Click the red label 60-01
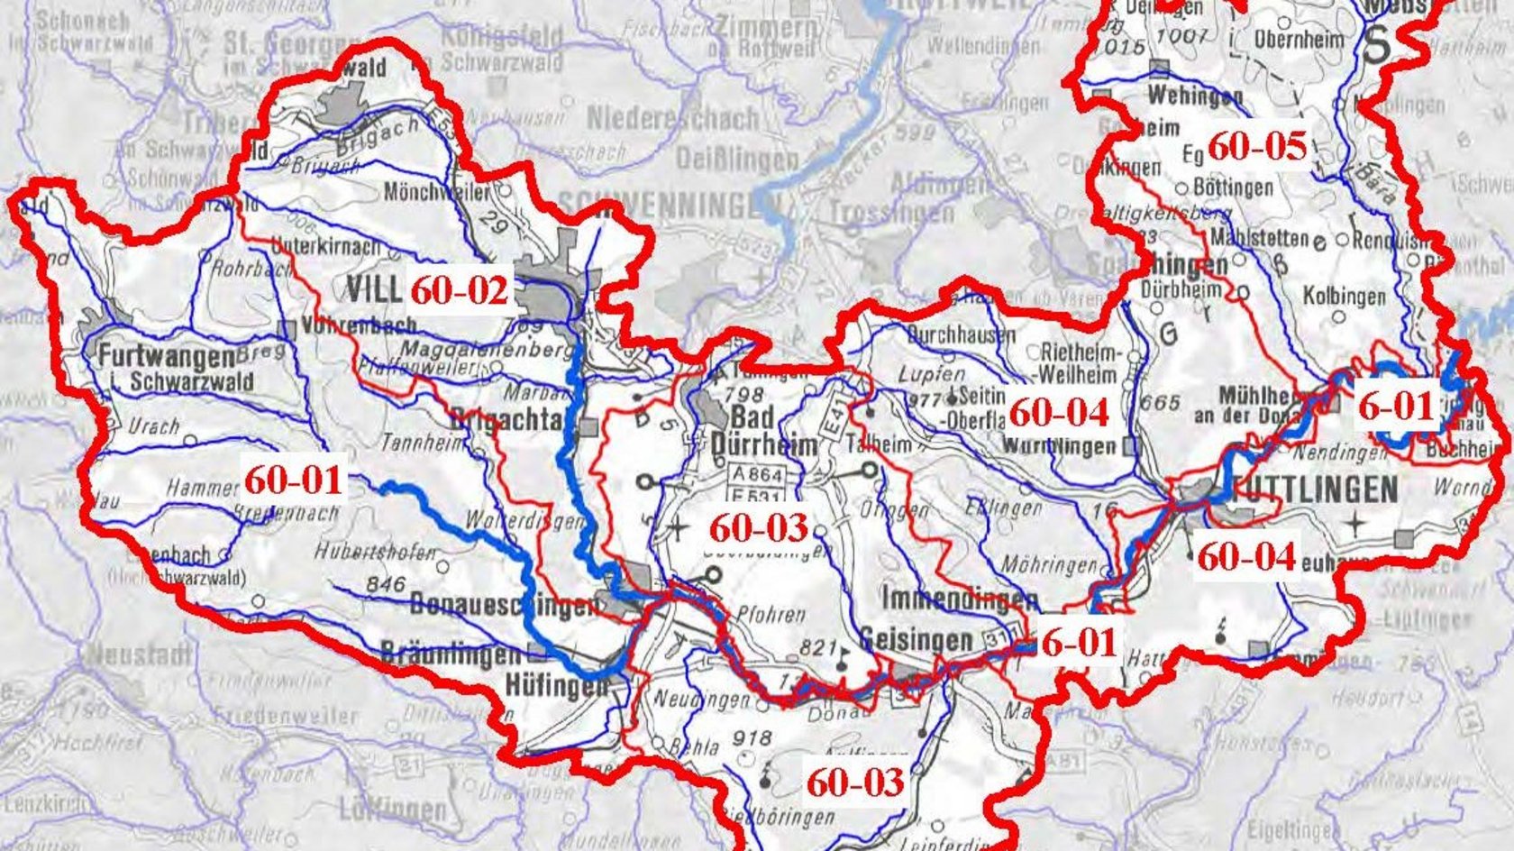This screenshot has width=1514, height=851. (x=294, y=480)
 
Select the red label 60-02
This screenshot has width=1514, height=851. (x=460, y=290)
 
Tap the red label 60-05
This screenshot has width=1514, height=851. (x=1256, y=146)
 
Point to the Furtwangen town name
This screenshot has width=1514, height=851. (x=168, y=357)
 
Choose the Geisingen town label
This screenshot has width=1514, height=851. (x=916, y=640)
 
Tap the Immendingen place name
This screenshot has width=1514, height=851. (x=959, y=599)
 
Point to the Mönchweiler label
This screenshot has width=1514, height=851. (x=436, y=192)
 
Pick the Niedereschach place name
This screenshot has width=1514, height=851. (x=672, y=118)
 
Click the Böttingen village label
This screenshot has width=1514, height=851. (x=1233, y=188)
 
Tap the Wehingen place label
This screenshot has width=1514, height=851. (x=1195, y=95)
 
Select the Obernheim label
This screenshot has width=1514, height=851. (x=1299, y=40)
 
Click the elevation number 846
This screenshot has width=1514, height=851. (x=385, y=584)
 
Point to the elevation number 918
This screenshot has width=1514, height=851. (x=752, y=738)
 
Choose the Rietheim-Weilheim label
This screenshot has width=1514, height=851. (x=1080, y=362)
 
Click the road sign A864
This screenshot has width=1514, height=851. (x=757, y=474)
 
